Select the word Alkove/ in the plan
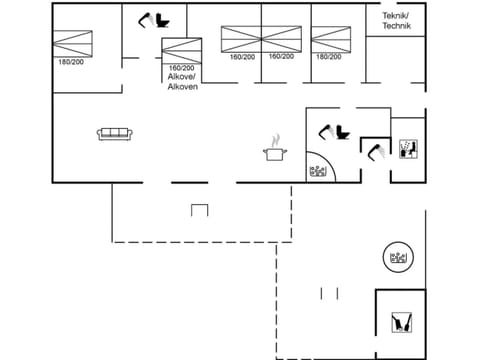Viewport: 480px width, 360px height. (x=182, y=77)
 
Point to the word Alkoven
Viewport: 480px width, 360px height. (x=182, y=87)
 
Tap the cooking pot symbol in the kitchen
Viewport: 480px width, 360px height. (x=274, y=153)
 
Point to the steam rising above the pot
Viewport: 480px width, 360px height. (x=275, y=138)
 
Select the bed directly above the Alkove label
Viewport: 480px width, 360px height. (x=181, y=49)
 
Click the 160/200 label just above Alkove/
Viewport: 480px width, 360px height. (x=181, y=67)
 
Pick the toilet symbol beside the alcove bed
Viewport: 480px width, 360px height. (x=156, y=19)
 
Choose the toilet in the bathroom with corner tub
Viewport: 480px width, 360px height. (x=329, y=131)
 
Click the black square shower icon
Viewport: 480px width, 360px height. (x=407, y=150)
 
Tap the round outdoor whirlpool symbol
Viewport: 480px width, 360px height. (x=398, y=258)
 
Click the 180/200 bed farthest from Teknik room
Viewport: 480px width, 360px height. (x=71, y=44)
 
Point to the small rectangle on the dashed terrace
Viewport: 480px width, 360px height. (x=199, y=210)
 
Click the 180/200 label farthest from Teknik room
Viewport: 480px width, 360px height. (x=70, y=62)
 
